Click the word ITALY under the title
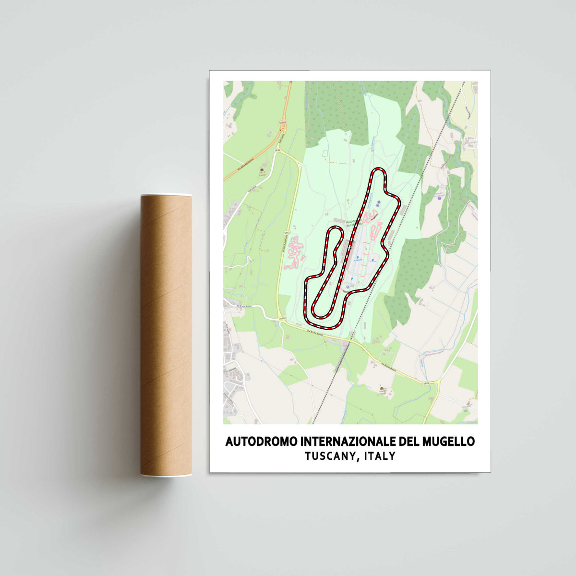tap(380, 456)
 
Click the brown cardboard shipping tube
tap(166, 336)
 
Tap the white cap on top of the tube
tap(166, 195)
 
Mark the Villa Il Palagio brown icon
tap(262, 170)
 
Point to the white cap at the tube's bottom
tap(166, 475)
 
